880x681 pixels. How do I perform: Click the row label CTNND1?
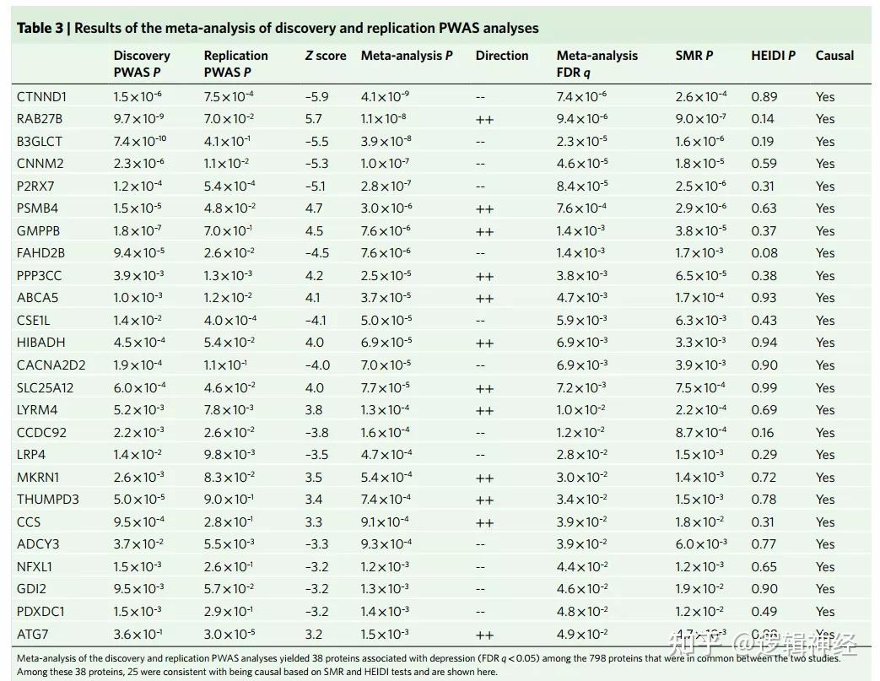(x=41, y=96)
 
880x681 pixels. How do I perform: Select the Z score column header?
(x=326, y=56)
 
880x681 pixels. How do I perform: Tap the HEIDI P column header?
(x=773, y=56)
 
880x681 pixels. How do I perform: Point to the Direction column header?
(x=502, y=56)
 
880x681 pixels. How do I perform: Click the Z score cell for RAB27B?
(x=313, y=119)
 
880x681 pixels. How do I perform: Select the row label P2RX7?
(x=36, y=186)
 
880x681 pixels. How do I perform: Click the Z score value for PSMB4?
(x=313, y=208)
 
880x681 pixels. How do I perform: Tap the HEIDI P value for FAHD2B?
(x=764, y=253)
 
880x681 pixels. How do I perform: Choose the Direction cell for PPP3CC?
(x=484, y=275)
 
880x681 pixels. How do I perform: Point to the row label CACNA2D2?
(x=51, y=365)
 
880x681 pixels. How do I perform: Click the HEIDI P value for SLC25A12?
(x=764, y=387)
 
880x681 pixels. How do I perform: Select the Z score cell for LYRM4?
(x=313, y=410)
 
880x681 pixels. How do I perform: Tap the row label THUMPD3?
(x=48, y=500)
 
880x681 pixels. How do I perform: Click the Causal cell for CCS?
(x=825, y=522)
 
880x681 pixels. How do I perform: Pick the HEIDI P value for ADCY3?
(x=764, y=544)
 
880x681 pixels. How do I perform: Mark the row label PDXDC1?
(x=40, y=612)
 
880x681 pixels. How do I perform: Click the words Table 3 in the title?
(x=41, y=28)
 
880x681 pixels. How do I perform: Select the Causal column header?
(x=834, y=56)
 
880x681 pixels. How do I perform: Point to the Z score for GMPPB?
(x=313, y=230)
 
